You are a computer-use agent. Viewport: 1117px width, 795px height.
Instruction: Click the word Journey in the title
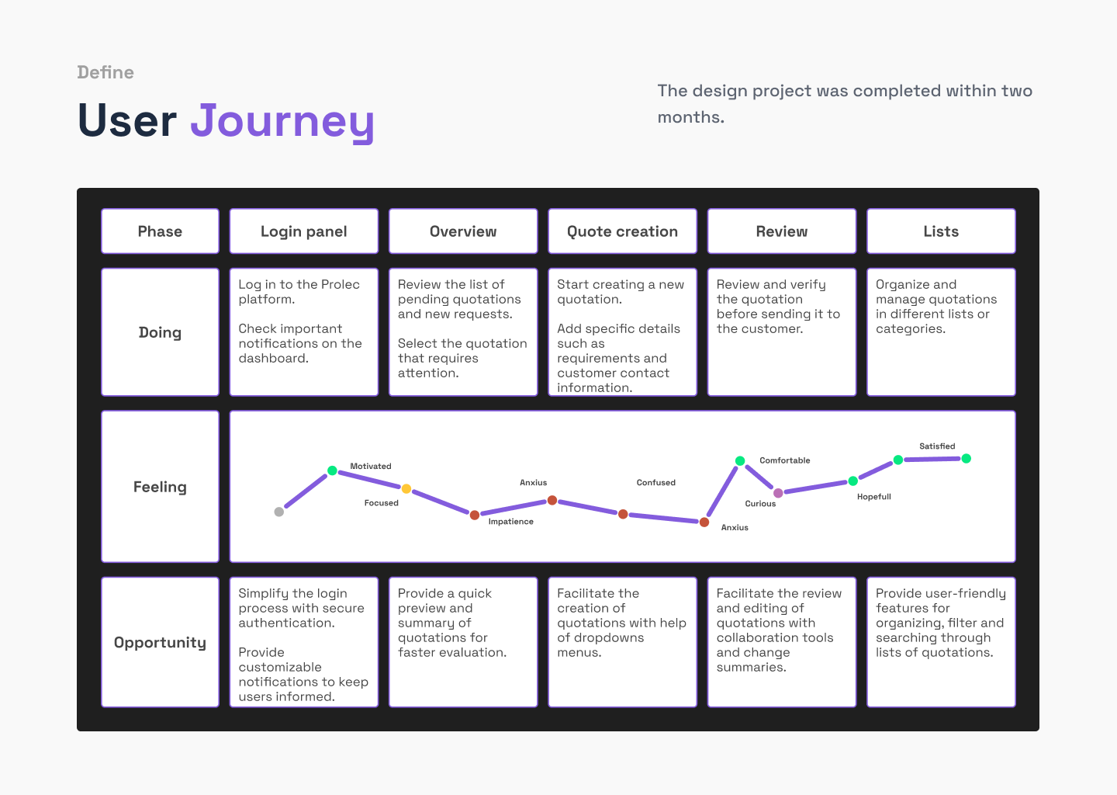[x=282, y=121]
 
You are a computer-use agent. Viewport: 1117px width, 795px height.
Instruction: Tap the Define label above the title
[x=105, y=72]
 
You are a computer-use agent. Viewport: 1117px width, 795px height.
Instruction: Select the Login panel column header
[x=304, y=231]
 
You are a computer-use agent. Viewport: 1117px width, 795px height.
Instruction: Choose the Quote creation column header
[x=622, y=231]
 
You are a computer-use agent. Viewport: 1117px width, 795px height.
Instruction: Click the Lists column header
[x=941, y=231]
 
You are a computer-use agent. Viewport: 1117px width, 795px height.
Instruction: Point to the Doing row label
[x=160, y=332]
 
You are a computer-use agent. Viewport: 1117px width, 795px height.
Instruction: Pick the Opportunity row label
[x=160, y=642]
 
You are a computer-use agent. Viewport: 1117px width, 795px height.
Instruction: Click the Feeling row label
[x=160, y=487]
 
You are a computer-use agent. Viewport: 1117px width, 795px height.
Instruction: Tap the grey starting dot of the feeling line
[x=279, y=512]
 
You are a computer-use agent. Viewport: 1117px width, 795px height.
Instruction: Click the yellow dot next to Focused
[x=406, y=488]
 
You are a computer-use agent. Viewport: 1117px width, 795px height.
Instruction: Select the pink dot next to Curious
[x=778, y=493]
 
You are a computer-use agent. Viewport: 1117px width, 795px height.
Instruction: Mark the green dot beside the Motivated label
[x=332, y=470]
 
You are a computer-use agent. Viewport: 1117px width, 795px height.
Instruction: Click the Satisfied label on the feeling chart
[x=937, y=446]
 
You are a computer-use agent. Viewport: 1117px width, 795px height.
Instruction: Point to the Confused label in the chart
[x=655, y=482]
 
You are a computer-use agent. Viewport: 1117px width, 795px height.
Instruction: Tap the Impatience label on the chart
[x=510, y=522]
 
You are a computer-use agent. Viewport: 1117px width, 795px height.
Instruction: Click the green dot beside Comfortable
[x=740, y=460]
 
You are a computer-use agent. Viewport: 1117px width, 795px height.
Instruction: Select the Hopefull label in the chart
[x=873, y=497]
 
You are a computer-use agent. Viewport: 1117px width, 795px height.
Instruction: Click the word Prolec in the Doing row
[x=340, y=284]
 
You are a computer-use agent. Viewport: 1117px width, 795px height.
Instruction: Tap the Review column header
[x=781, y=231]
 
